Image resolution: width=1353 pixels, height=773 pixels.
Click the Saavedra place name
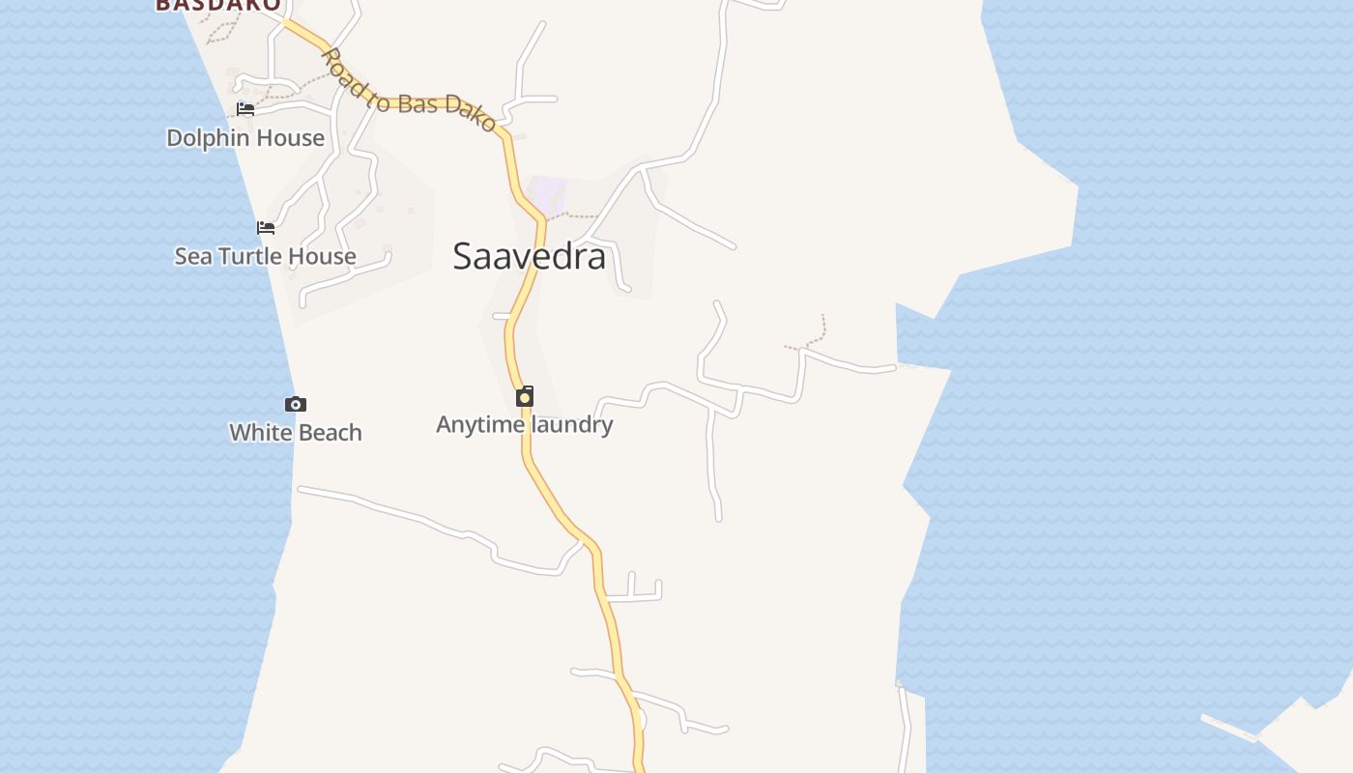(x=530, y=256)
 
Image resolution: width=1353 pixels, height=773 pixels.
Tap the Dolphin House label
(x=245, y=138)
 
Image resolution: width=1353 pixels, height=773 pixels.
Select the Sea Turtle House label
(x=265, y=256)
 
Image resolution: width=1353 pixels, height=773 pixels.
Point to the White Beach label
(x=296, y=432)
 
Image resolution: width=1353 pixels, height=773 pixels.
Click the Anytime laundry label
(x=525, y=424)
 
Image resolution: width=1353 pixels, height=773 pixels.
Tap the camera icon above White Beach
(x=296, y=405)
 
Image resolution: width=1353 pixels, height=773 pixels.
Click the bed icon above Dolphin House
(x=245, y=109)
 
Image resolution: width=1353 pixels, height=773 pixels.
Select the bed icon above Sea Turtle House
(x=266, y=228)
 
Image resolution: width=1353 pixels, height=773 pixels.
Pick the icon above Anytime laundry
(x=525, y=396)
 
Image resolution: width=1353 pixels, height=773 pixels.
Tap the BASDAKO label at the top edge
(x=218, y=5)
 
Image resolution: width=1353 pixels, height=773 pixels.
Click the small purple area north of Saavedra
(x=548, y=194)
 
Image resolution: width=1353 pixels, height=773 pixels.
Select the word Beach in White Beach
(x=330, y=432)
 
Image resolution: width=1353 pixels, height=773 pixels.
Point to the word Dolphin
(x=207, y=138)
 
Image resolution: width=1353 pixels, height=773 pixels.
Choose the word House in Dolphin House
(x=291, y=138)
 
